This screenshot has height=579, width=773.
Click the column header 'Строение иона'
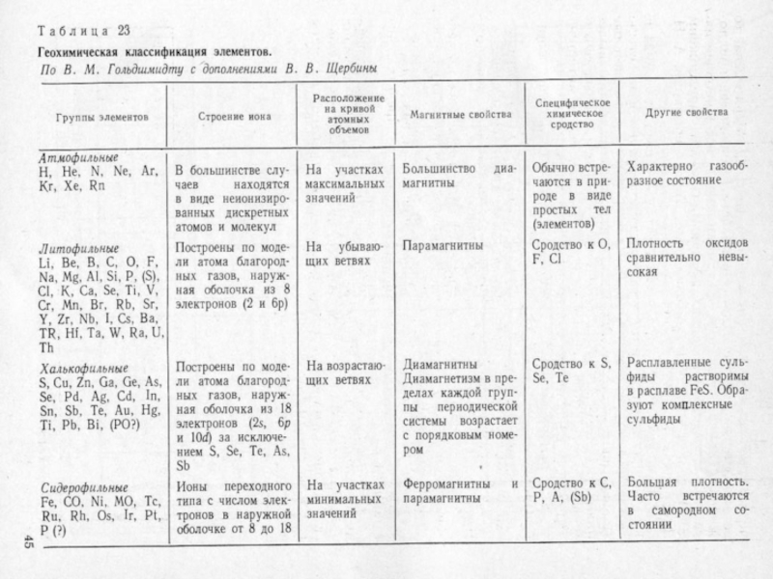(234, 115)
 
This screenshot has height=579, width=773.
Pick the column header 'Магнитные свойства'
(460, 115)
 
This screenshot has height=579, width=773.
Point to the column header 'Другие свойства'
(687, 114)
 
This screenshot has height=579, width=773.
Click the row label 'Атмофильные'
(77, 156)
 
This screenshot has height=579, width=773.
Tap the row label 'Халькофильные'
(82, 369)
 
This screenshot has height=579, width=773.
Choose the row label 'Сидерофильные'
(82, 488)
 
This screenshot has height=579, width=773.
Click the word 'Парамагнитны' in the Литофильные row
(443, 246)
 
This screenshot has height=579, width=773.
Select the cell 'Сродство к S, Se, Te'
(572, 372)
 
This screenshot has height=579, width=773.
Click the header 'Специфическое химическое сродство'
(571, 114)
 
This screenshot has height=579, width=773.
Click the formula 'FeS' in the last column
(702, 393)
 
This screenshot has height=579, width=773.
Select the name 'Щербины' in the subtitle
(345, 69)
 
